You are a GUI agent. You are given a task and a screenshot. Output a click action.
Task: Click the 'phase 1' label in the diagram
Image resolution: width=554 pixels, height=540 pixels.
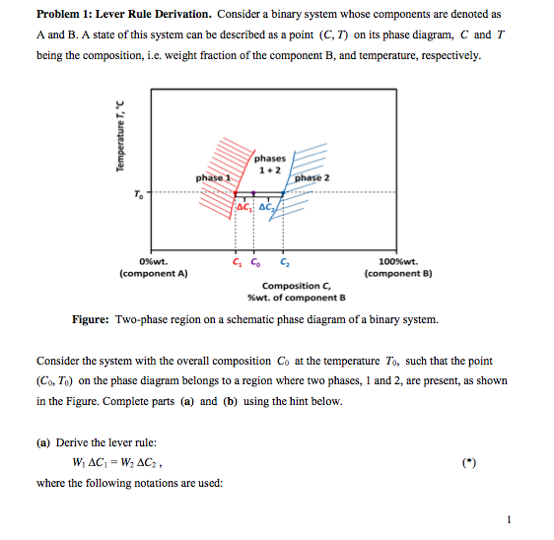(213, 177)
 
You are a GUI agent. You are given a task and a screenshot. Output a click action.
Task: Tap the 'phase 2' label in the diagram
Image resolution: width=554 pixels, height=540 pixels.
(312, 177)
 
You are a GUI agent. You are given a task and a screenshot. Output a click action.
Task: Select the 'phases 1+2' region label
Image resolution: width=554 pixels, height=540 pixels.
(269, 164)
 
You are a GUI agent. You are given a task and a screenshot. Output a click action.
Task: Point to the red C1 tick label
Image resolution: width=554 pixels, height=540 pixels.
(235, 261)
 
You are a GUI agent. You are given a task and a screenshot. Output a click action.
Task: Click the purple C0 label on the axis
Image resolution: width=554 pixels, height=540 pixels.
(256, 261)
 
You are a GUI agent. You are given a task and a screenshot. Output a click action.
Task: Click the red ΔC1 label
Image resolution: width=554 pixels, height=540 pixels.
(243, 206)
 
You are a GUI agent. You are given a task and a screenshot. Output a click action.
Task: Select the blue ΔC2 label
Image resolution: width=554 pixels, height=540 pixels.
(266, 206)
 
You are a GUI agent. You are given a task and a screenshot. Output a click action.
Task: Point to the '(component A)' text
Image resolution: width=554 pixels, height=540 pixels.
(153, 273)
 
